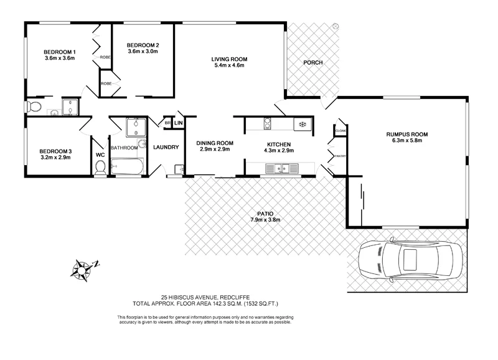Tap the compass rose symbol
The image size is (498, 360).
(x=82, y=268)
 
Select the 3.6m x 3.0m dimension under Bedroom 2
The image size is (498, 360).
(x=143, y=52)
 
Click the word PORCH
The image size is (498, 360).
(x=313, y=64)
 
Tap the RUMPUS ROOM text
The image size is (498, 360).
(x=408, y=133)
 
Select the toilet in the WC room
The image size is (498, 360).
(x=100, y=167)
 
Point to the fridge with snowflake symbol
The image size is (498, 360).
(x=303, y=124)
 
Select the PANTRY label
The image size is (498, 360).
(x=340, y=156)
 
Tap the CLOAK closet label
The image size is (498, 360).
(x=341, y=131)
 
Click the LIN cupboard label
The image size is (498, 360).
(x=179, y=123)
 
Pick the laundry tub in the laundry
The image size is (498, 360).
(x=178, y=168)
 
